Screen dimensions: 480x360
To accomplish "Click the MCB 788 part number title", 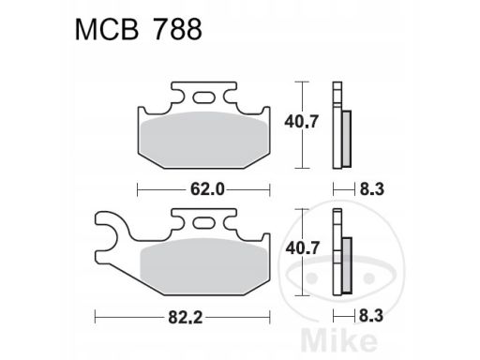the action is pyautogui.click(x=139, y=29).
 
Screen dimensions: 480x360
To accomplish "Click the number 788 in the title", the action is pyautogui.click(x=178, y=29).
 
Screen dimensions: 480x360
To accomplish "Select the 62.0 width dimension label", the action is pyautogui.click(x=207, y=189).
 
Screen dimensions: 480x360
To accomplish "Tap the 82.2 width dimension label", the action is pyautogui.click(x=186, y=318).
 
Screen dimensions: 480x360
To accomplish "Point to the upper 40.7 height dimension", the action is pyautogui.click(x=301, y=121).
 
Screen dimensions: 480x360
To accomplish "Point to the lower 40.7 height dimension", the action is pyautogui.click(x=302, y=248).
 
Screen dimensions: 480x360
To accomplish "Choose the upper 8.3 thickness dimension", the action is pyautogui.click(x=372, y=189).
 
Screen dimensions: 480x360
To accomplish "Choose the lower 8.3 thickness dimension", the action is pyautogui.click(x=371, y=316).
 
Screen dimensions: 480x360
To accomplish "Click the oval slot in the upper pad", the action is pyautogui.click(x=203, y=97).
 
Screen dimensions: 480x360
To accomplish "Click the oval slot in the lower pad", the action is pyautogui.click(x=203, y=223).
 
